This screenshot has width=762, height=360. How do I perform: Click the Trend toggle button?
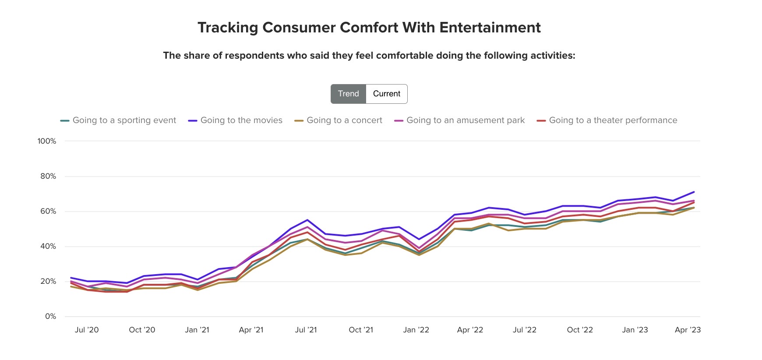pyautogui.click(x=348, y=94)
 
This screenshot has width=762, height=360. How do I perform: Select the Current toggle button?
pyautogui.click(x=387, y=94)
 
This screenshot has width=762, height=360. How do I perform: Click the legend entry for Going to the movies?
pyautogui.click(x=241, y=120)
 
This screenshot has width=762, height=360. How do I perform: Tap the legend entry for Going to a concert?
pyautogui.click(x=344, y=120)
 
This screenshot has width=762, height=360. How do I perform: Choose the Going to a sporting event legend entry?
pyautogui.click(x=124, y=120)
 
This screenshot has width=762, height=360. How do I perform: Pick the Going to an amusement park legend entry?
pyautogui.click(x=465, y=120)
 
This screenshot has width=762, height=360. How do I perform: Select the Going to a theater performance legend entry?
pyautogui.click(x=613, y=120)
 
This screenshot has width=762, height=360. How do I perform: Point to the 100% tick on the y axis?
pyautogui.click(x=47, y=141)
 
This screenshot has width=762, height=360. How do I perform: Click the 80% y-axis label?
pyautogui.click(x=48, y=176)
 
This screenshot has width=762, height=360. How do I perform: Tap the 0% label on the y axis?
pyautogui.click(x=50, y=316)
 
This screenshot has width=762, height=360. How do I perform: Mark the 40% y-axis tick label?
pyautogui.click(x=48, y=246)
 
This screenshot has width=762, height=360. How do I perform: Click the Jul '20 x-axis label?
pyautogui.click(x=87, y=330)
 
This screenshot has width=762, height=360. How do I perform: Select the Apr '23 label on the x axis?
pyautogui.click(x=688, y=330)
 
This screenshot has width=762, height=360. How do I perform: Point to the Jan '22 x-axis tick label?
pyautogui.click(x=416, y=330)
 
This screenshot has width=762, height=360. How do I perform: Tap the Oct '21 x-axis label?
pyautogui.click(x=361, y=330)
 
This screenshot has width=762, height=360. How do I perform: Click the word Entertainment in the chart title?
pyautogui.click(x=490, y=28)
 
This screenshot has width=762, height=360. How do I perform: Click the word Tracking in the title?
pyautogui.click(x=228, y=28)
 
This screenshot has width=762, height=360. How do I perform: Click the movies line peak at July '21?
pyautogui.click(x=307, y=220)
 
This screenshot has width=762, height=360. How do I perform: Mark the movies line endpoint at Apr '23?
pyautogui.click(x=694, y=192)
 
